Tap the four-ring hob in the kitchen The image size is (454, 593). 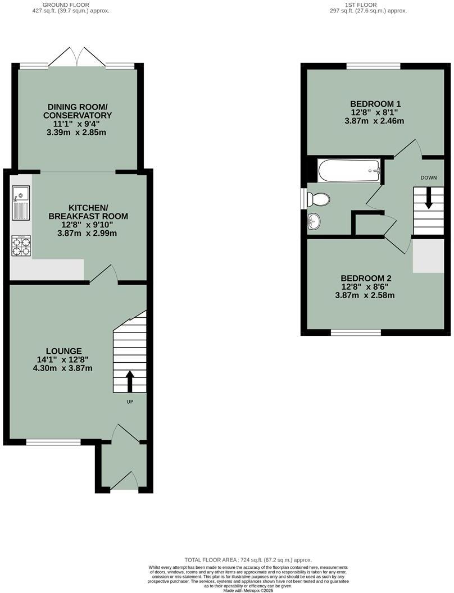[20, 246]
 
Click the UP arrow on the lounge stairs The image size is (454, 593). [129, 381]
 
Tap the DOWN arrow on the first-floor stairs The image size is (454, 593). [429, 198]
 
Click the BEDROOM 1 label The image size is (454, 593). [375, 104]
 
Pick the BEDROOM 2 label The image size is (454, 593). [366, 278]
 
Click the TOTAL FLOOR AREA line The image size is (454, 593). [248, 560]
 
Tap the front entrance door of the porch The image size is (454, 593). [124, 481]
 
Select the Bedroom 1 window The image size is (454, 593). [374, 66]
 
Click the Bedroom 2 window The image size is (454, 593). [356, 333]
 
